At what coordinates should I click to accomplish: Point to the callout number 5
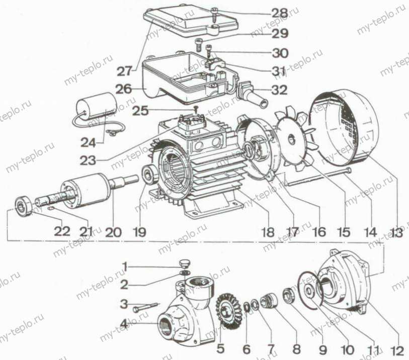coord(221,348)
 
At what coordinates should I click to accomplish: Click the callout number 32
coord(279,90)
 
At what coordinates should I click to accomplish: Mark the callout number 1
coord(125,266)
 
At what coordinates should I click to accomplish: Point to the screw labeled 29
coord(200,45)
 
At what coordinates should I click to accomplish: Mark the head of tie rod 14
coord(348,170)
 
